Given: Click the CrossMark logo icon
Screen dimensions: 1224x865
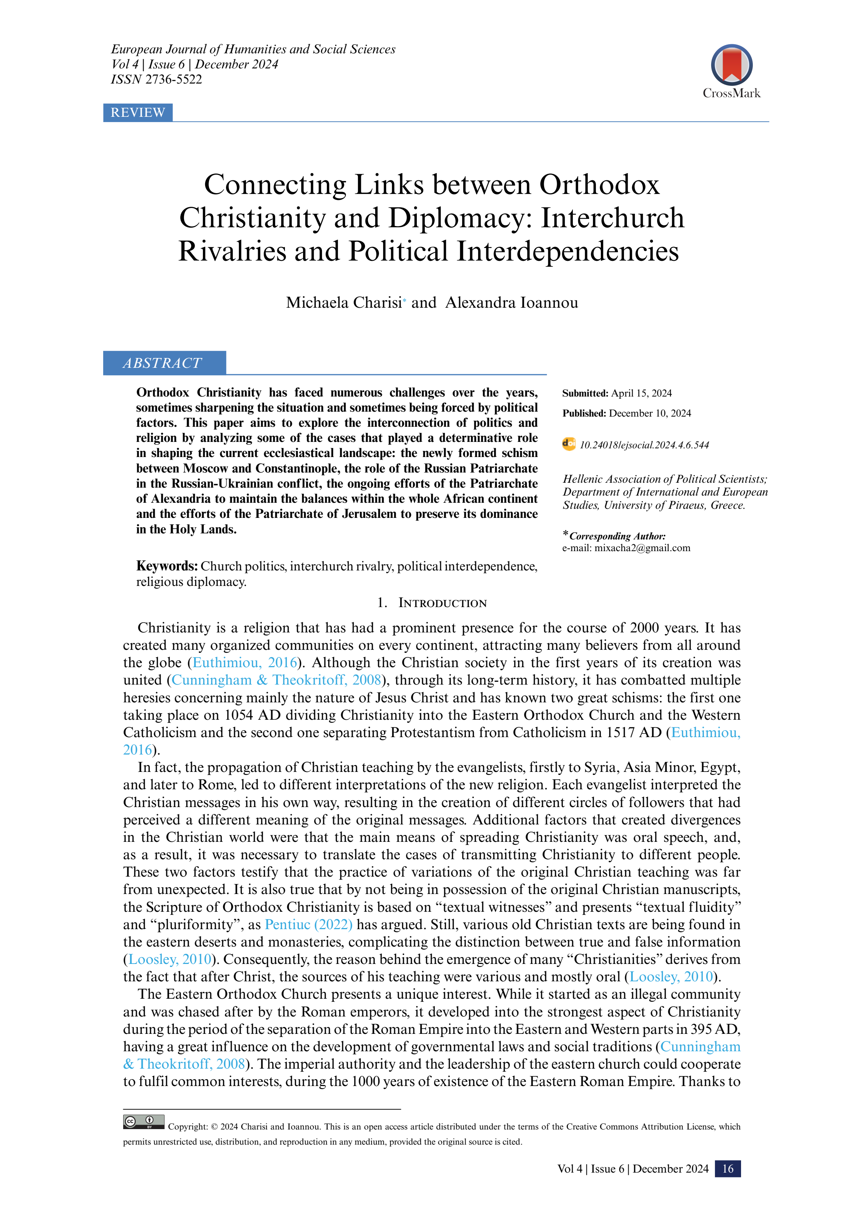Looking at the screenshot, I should coord(731,65).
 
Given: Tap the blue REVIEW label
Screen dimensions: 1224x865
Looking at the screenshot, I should coord(138,113).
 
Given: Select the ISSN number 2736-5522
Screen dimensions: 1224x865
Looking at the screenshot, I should coord(174,79).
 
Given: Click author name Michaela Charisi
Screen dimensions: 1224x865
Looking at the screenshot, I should coord(344,302).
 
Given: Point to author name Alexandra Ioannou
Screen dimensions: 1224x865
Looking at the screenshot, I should coord(511,302).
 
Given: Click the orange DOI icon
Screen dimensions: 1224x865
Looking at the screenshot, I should coord(569,444).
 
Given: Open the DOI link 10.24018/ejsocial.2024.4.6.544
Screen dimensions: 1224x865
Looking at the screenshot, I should coord(644,445).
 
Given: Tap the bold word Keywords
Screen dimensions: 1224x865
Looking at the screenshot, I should coord(166,566).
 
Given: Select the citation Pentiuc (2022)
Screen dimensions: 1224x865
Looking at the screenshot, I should coord(309,924).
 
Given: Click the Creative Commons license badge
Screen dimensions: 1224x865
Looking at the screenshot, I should coord(143,1122).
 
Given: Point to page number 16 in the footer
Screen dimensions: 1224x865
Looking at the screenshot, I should coord(727,1168).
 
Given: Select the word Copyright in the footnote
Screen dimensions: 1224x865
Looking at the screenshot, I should coord(187,1126).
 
